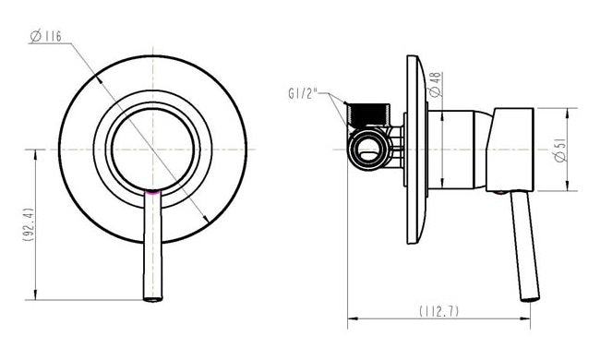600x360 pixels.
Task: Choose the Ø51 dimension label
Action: [559, 150]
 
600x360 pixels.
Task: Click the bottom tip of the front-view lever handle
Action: [152, 297]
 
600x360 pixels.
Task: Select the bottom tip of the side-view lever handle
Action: [530, 297]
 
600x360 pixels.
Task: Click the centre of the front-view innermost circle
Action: [153, 149]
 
